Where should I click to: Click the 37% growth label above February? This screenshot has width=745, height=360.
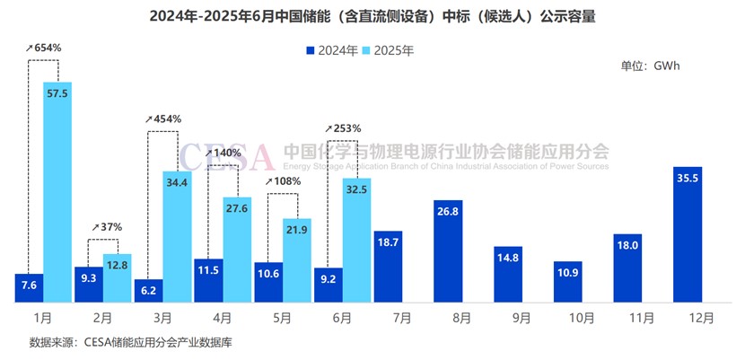coord(107,226)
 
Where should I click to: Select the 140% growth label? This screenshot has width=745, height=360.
coord(223,153)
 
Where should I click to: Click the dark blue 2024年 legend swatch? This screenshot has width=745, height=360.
coord(311,50)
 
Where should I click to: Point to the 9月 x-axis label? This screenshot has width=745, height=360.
coord(508,317)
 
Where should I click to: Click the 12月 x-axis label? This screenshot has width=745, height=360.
coord(688,317)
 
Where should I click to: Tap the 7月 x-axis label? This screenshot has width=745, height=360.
coord(388,317)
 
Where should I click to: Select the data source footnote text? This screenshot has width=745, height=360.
coord(131,342)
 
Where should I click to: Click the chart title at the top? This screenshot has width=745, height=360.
coord(372,16)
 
